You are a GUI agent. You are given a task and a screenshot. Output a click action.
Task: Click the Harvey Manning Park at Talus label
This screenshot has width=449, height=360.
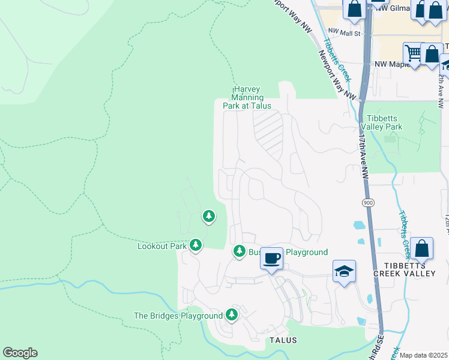247,97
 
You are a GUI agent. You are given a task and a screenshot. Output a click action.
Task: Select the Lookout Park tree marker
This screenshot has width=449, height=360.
196,244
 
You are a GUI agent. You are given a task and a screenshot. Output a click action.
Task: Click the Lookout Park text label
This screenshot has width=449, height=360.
162,246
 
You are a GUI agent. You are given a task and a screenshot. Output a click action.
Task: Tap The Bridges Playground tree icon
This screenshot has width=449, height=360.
232,314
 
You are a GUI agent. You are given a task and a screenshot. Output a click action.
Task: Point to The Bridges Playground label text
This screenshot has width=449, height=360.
178,316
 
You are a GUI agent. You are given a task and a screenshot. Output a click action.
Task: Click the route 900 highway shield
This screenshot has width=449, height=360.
368,203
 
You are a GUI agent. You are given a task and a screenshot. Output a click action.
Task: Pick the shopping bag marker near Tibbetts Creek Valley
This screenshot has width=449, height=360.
423,248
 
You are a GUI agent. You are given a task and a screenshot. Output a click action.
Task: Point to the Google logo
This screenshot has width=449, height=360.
20,353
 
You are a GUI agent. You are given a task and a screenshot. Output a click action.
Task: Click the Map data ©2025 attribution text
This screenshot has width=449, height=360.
423,355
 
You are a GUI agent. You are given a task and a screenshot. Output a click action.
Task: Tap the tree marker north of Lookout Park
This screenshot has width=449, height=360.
208,215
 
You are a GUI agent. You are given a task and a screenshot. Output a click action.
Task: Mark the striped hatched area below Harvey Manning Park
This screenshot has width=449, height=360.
268,133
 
